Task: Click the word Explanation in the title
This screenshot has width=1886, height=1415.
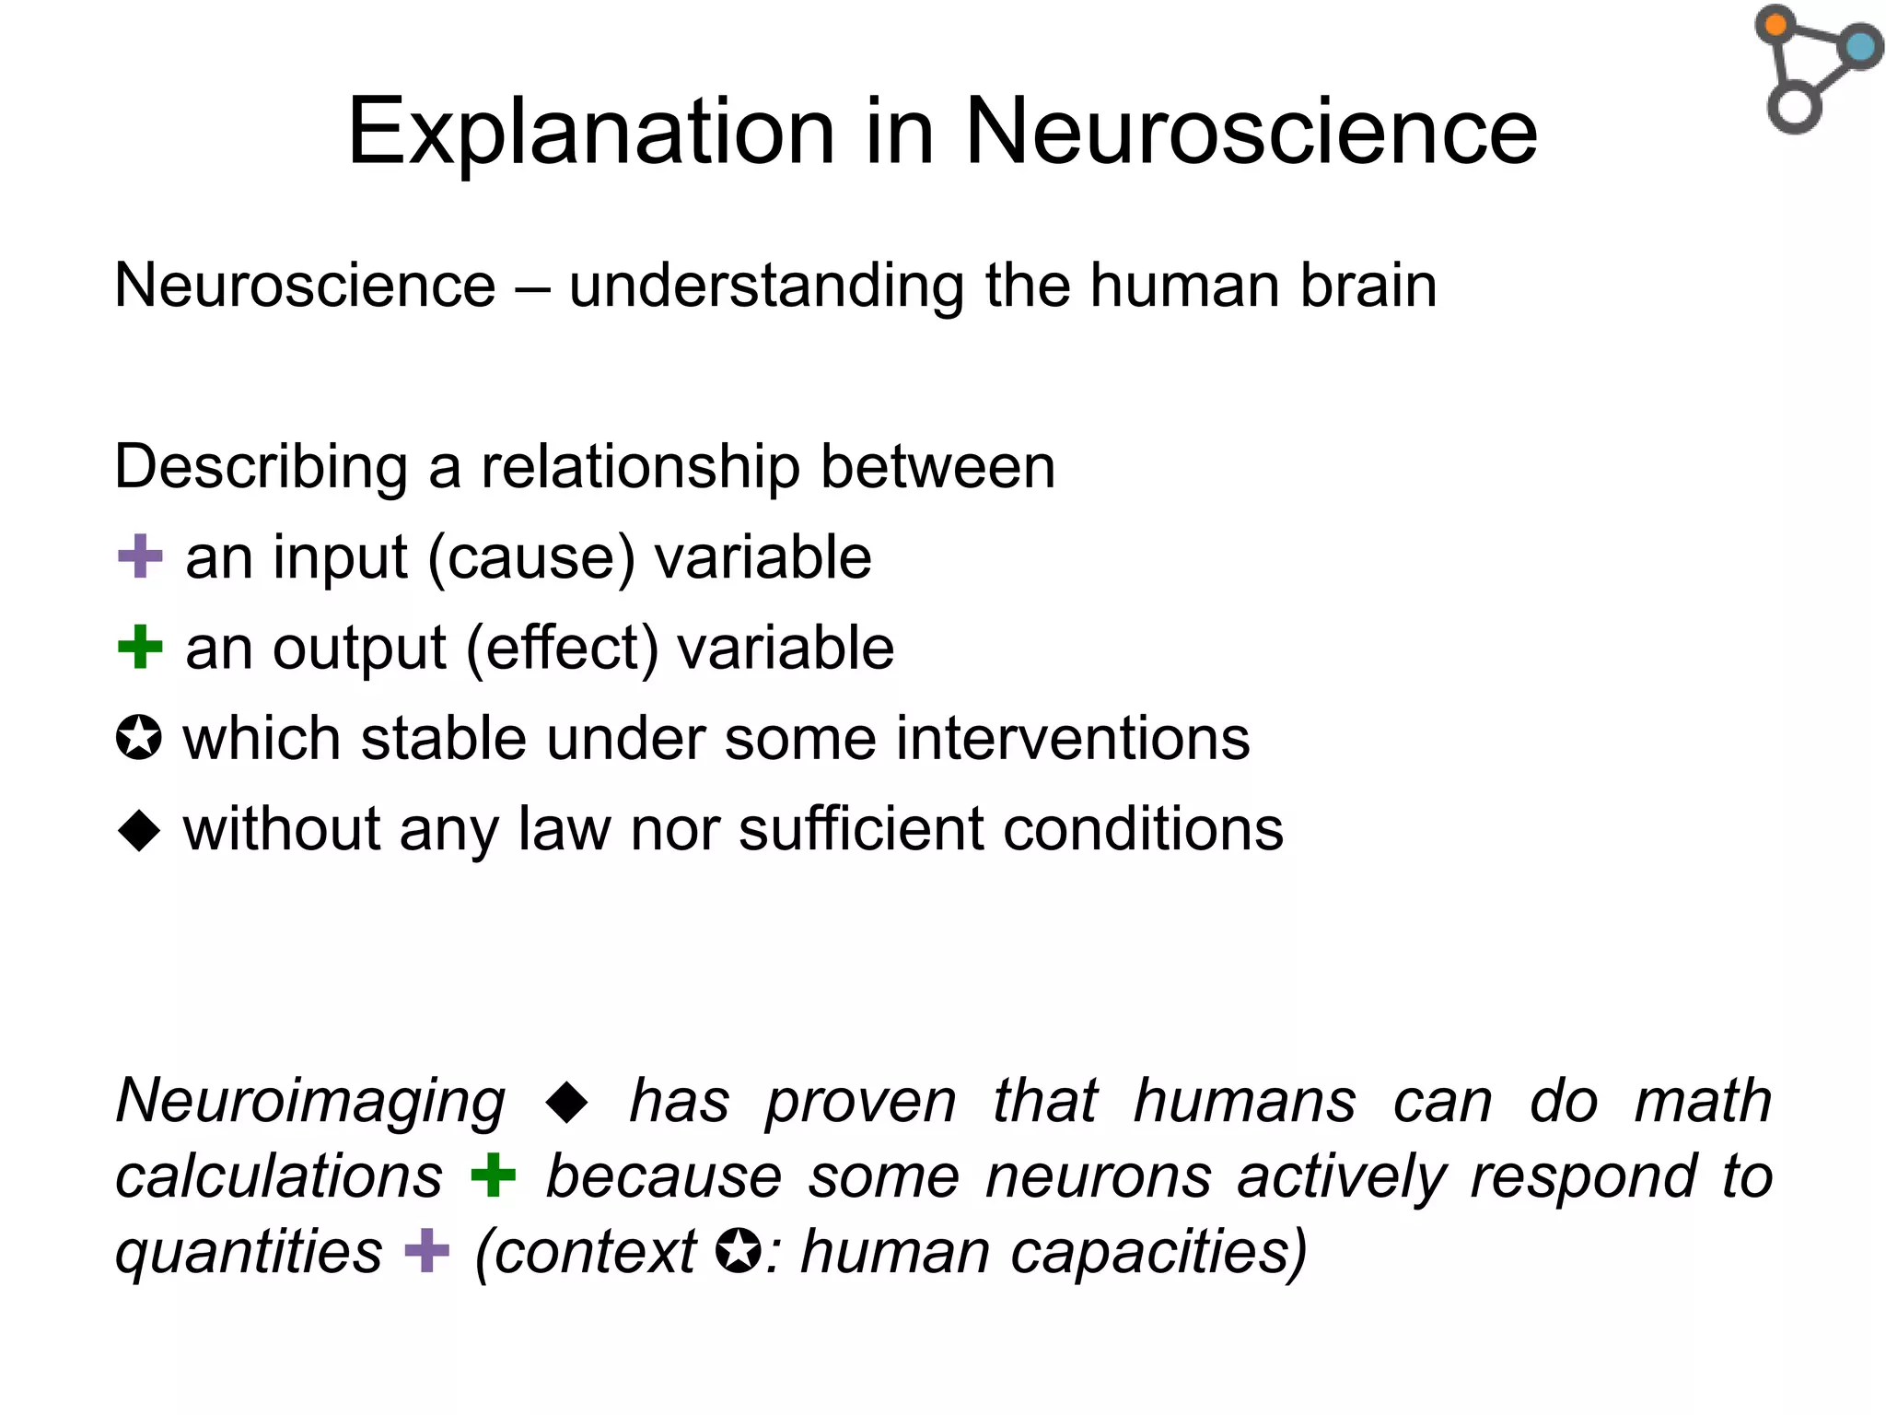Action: pyautogui.click(x=590, y=133)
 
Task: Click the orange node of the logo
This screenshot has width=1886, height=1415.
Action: pyautogui.click(x=1775, y=24)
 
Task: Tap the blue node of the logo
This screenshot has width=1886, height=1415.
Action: pyautogui.click(x=1860, y=46)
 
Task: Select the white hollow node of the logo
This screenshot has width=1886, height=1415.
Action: pyautogui.click(x=1794, y=107)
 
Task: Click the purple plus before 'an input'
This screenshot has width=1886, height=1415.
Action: pyautogui.click(x=140, y=557)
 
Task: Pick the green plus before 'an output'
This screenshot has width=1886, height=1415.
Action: pyautogui.click(x=140, y=647)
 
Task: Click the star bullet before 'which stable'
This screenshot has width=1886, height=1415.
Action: pyautogui.click(x=139, y=739)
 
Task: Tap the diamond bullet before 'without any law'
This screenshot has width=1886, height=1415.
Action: pyautogui.click(x=139, y=829)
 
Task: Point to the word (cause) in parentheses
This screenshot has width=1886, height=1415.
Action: pyautogui.click(x=531, y=558)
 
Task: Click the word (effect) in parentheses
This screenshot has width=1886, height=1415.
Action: pyautogui.click(x=562, y=649)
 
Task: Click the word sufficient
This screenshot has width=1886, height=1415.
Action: pyautogui.click(x=860, y=829)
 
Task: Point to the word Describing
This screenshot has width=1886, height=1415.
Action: pyautogui.click(x=261, y=468)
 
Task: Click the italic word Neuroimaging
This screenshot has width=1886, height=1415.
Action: pyautogui.click(x=310, y=1102)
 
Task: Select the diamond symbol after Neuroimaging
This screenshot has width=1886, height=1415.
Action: pyautogui.click(x=566, y=1102)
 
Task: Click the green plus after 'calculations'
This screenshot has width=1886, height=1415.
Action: pyautogui.click(x=494, y=1176)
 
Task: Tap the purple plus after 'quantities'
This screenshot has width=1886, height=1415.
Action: pyautogui.click(x=427, y=1251)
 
